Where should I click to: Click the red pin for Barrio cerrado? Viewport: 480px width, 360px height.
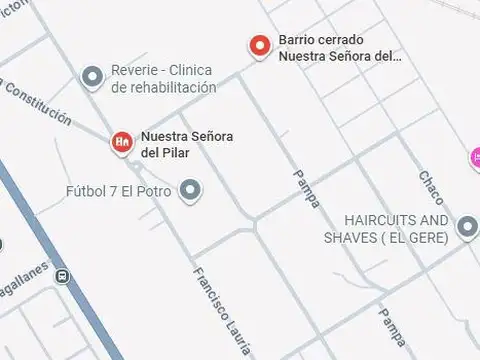tap(260, 46)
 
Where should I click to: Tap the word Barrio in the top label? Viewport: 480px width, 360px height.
tap(297, 40)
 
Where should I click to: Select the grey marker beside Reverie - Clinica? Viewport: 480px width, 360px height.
tap(93, 76)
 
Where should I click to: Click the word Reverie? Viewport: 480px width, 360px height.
tap(133, 70)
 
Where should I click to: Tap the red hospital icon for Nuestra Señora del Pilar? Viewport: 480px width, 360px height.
tap(122, 142)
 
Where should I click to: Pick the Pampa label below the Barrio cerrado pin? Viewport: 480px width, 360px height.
tap(309, 186)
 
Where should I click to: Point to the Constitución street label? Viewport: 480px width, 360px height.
tap(38, 107)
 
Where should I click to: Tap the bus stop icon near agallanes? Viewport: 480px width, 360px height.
tap(63, 277)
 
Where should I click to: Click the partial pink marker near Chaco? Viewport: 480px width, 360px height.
tap(475, 157)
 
